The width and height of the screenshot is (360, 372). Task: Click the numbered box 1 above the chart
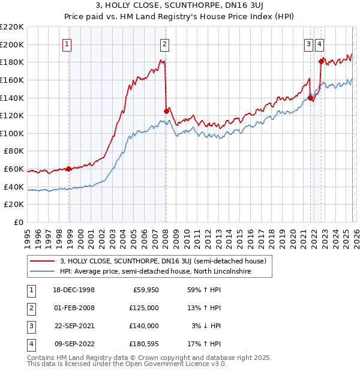[67, 43]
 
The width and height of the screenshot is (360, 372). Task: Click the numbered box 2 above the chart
[164, 43]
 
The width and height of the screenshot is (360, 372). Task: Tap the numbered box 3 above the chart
[308, 43]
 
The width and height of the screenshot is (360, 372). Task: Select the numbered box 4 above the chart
[320, 43]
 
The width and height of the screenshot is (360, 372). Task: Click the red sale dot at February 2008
[166, 111]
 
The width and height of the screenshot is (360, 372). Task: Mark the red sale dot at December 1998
[69, 169]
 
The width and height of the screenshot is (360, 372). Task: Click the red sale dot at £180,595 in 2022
[321, 61]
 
